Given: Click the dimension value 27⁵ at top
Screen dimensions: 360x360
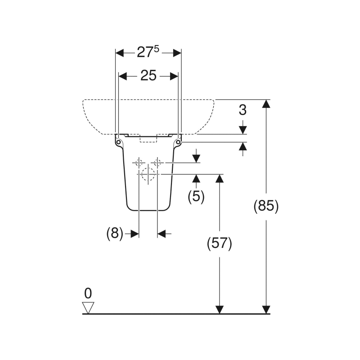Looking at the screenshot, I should [x=148, y=53].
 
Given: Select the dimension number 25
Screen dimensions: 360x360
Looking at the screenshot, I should [x=148, y=76].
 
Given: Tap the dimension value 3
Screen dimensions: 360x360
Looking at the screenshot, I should [x=243, y=109].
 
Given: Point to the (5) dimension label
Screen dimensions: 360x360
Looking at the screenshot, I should [x=196, y=196].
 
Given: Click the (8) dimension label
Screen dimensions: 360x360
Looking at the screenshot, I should [x=115, y=234].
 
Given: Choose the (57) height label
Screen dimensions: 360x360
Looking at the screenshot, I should [x=219, y=243].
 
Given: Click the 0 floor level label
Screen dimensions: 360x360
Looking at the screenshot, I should [x=88, y=293].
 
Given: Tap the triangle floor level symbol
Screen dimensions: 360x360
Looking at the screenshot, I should [x=88, y=308].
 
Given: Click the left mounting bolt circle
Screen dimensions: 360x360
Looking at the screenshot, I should [x=118, y=142].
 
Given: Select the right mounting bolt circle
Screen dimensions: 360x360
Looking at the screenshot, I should [x=178, y=142].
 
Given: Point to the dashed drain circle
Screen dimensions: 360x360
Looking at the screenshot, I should [x=148, y=174].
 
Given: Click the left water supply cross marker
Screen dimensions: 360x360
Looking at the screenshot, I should [x=139, y=162].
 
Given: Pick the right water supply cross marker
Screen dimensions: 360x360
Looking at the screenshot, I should [x=157, y=162].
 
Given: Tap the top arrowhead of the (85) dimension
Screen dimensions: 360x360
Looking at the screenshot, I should [x=266, y=103].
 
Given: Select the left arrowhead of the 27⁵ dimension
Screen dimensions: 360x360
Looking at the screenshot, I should [x=120, y=53].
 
